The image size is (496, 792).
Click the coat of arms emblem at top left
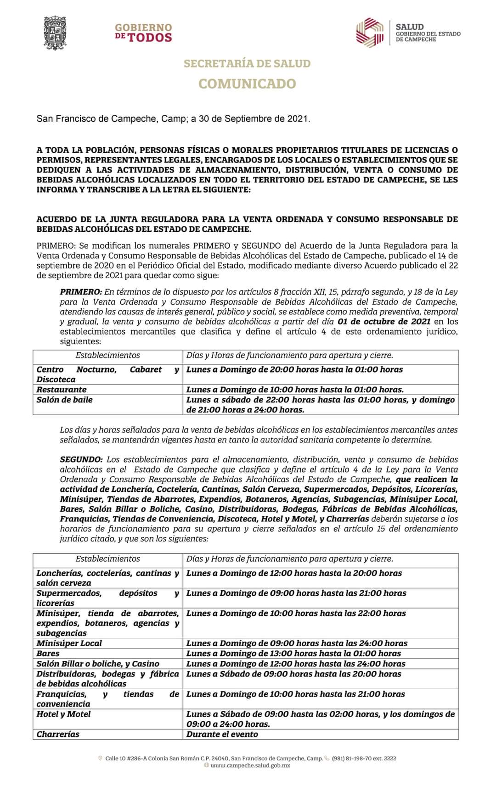point(55,33)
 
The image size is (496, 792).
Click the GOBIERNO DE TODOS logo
point(143,33)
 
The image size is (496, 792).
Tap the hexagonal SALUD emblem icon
point(370,32)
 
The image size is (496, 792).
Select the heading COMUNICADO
point(247,84)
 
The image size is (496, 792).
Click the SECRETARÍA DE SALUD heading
point(247,63)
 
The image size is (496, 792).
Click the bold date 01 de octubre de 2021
point(383,321)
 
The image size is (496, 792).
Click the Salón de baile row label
point(64,400)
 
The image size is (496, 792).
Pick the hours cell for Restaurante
point(295,390)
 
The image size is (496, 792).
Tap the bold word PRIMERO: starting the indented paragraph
point(81,292)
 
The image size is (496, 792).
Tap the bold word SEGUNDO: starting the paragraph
point(81,459)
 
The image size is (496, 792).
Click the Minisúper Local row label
point(69,643)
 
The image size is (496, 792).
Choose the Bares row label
point(48,653)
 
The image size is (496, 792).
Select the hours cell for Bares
point(293,653)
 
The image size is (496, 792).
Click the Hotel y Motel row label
point(63,714)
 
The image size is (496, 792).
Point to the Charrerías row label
point(58,734)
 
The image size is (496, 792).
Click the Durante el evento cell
point(222,734)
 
